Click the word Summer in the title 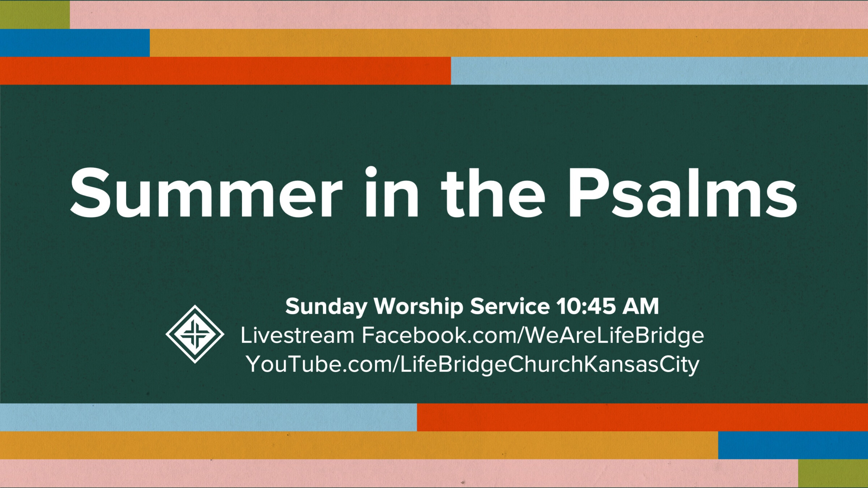(206, 193)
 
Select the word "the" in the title (493, 193)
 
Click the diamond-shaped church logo (195, 334)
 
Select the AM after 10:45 (641, 307)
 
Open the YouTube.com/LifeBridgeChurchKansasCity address (472, 364)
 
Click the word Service (510, 307)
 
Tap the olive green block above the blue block (35, 15)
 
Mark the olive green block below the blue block (833, 473)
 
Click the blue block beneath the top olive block (75, 43)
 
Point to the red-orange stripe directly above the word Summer (225, 70)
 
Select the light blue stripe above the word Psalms (659, 70)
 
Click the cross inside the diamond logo (195, 334)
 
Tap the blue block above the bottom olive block (793, 445)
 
